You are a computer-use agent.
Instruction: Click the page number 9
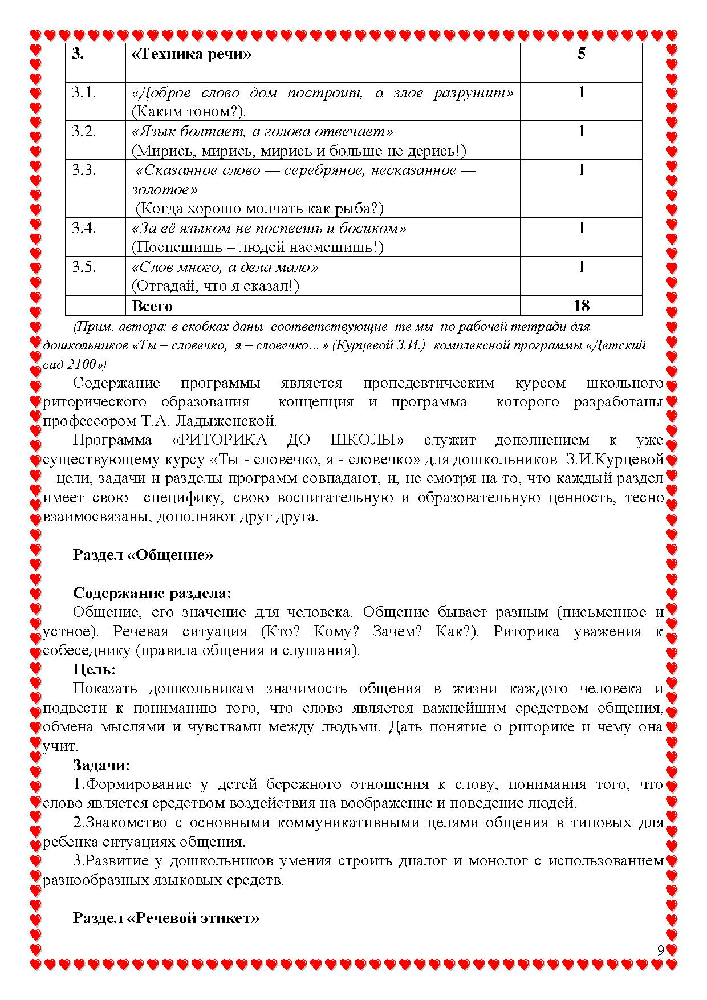(660, 950)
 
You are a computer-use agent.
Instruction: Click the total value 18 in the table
(581, 306)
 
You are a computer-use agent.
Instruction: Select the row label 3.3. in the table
(84, 170)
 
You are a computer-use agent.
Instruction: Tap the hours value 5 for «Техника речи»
(581, 54)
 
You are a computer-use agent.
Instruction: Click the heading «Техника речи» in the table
(192, 54)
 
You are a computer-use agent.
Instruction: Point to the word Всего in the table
(152, 306)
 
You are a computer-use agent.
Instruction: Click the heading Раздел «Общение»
(143, 555)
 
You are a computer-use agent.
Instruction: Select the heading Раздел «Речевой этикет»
(166, 918)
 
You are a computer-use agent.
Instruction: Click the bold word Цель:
(94, 669)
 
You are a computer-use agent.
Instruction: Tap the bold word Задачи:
(101, 765)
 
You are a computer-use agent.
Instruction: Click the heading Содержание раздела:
(152, 593)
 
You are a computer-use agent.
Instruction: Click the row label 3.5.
(84, 267)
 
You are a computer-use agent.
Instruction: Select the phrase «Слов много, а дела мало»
(225, 267)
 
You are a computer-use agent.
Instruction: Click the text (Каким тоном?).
(189, 112)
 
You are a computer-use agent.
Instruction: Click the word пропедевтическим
(429, 383)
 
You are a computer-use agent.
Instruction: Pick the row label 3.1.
(84, 92)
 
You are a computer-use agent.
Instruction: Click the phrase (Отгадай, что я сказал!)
(216, 286)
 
